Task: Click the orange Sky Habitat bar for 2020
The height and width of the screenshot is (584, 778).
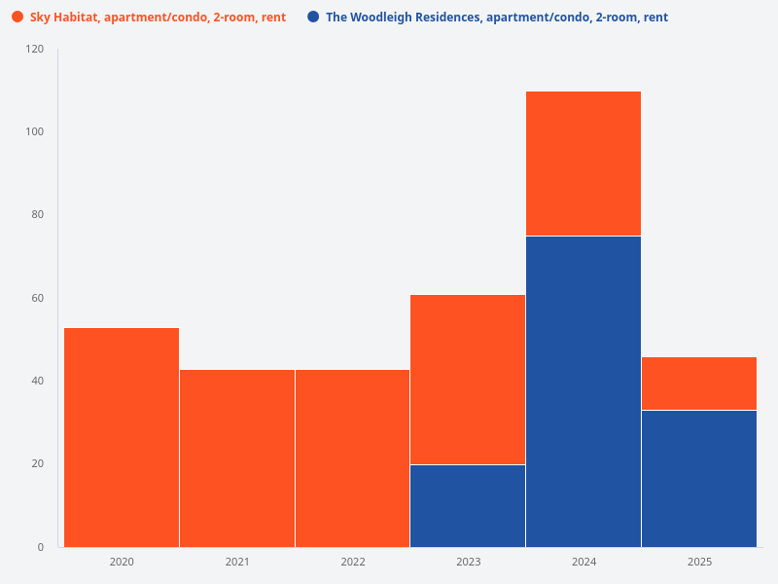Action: click(122, 437)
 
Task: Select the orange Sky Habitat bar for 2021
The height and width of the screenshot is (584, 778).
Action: click(237, 457)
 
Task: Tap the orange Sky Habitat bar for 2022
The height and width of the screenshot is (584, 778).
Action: click(352, 457)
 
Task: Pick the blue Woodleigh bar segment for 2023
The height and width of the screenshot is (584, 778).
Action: click(468, 505)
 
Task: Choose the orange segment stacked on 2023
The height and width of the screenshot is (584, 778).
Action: click(468, 380)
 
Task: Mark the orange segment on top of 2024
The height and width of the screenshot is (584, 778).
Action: click(583, 164)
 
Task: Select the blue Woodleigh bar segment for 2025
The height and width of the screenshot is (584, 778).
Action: click(699, 478)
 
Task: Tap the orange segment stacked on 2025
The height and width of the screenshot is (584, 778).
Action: click(699, 383)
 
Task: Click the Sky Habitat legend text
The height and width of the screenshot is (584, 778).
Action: click(158, 18)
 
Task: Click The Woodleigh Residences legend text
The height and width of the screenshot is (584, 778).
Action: click(496, 18)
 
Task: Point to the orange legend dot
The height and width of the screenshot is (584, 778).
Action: click(18, 18)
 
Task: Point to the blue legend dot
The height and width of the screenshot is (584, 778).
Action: click(313, 18)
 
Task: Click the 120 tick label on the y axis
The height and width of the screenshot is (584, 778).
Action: click(35, 49)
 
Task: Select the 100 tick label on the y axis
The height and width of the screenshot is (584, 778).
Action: click(35, 131)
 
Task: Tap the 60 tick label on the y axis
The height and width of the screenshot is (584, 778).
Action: click(37, 298)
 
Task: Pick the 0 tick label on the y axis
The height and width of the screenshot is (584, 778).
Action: click(41, 547)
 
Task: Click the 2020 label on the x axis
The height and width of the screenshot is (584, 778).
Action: click(122, 563)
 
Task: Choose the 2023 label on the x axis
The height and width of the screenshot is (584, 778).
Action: click(468, 563)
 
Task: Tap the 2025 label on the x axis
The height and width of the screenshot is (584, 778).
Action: click(699, 563)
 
